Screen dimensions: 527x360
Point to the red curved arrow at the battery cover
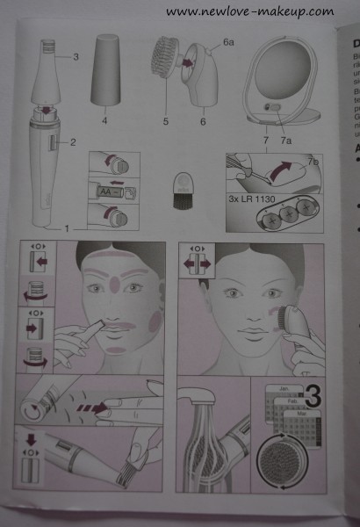(279, 169)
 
